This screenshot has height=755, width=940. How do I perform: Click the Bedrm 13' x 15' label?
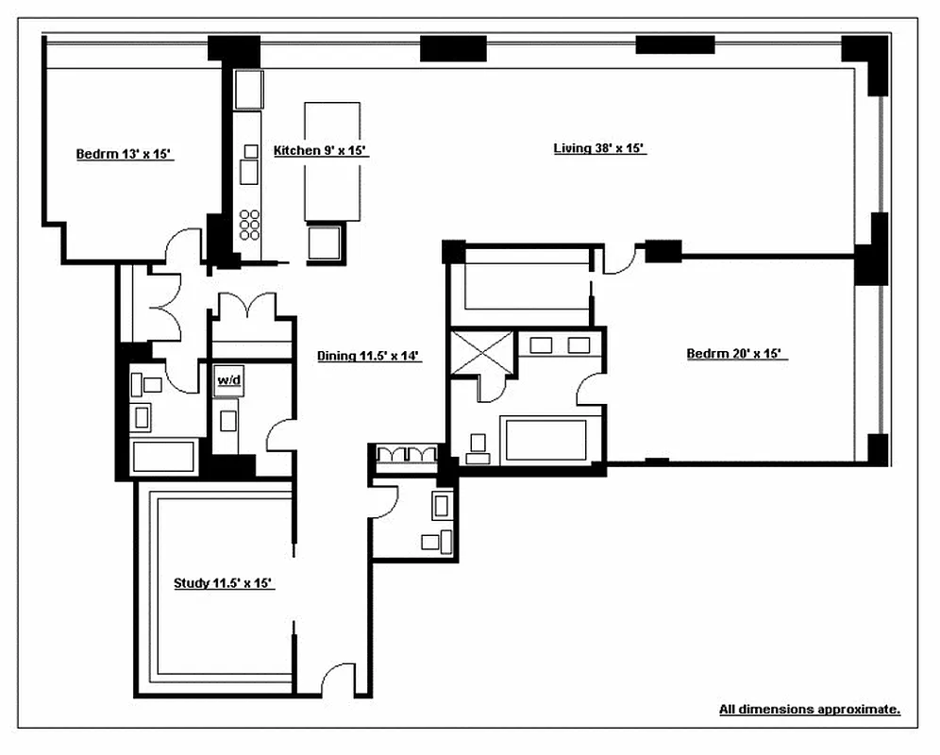(x=124, y=154)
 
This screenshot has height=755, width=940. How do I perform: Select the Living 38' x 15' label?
(x=598, y=148)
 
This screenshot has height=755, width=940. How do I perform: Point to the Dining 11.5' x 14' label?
(x=367, y=356)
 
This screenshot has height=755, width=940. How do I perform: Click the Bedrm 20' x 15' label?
(x=735, y=354)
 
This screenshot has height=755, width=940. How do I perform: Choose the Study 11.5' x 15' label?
(x=223, y=583)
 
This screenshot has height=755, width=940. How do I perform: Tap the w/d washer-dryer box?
(x=228, y=380)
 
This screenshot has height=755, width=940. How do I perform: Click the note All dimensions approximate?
(x=809, y=709)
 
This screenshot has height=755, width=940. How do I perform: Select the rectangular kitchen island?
(x=331, y=160)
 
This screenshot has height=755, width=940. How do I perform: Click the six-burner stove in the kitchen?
(x=249, y=226)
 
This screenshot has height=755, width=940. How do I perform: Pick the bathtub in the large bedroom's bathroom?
(x=546, y=440)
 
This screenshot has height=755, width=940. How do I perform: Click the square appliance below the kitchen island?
(x=327, y=242)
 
